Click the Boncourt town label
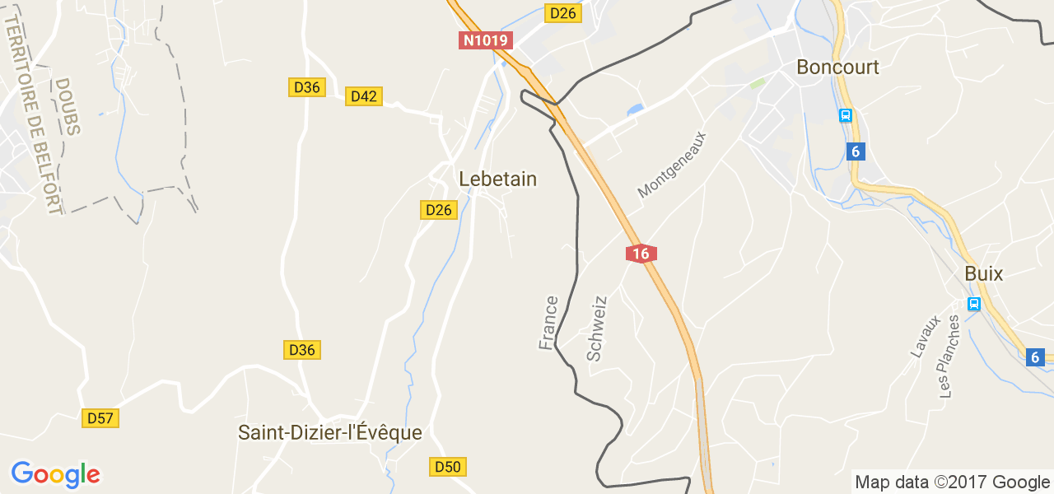[x=837, y=68]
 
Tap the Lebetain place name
[x=497, y=179]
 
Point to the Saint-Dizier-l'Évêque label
[x=329, y=432]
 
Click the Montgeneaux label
[x=672, y=164]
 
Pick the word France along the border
[x=548, y=323]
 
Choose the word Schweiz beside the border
[x=596, y=329]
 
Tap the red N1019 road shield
[x=486, y=40]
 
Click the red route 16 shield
[x=641, y=254]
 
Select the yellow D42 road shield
[x=363, y=96]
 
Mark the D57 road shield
[x=100, y=418]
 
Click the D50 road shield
[x=448, y=467]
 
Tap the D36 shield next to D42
[x=306, y=87]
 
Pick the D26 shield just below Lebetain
[x=439, y=210]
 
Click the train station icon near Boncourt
[x=845, y=115]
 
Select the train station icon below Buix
[x=973, y=304]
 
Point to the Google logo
[x=55, y=474]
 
